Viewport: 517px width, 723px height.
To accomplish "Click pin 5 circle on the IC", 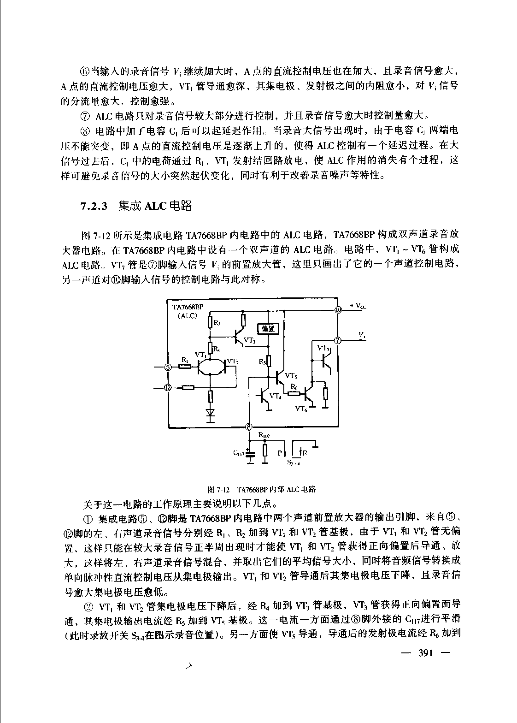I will [168, 367].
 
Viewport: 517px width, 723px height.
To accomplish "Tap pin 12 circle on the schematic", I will [168, 387].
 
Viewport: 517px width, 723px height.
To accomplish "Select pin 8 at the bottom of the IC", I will [249, 427].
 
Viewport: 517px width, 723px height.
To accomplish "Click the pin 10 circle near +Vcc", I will [338, 310].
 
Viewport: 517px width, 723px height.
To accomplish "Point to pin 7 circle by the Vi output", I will [338, 341].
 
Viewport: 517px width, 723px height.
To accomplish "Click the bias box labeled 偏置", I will [268, 328].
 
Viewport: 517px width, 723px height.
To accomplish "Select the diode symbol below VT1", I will [211, 414].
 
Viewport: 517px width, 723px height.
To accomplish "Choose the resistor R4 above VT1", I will [211, 346].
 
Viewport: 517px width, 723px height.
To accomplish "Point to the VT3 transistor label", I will [249, 340].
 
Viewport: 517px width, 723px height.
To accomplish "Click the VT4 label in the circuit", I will [275, 395].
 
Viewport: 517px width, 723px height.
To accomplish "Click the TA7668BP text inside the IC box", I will [188, 307].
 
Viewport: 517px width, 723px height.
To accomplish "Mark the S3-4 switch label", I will [294, 463].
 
